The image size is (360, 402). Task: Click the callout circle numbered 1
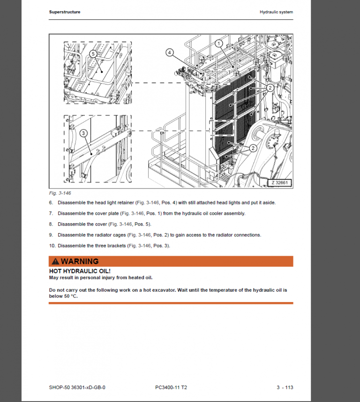[218, 43]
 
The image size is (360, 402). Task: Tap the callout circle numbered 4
[169, 53]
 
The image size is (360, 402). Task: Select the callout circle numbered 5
[93, 54]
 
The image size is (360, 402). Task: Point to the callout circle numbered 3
[83, 133]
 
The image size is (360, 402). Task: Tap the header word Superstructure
[64, 12]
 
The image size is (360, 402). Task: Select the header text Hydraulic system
[277, 12]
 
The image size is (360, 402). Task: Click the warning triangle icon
[55, 261]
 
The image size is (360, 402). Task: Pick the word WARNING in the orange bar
[80, 261]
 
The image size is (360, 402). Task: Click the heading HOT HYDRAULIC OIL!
[80, 271]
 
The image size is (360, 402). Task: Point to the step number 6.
[51, 203]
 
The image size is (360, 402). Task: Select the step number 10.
[52, 245]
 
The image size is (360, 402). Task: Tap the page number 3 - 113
[285, 387]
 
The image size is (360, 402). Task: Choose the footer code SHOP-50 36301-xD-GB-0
[77, 387]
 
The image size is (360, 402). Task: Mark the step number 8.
[51, 224]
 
